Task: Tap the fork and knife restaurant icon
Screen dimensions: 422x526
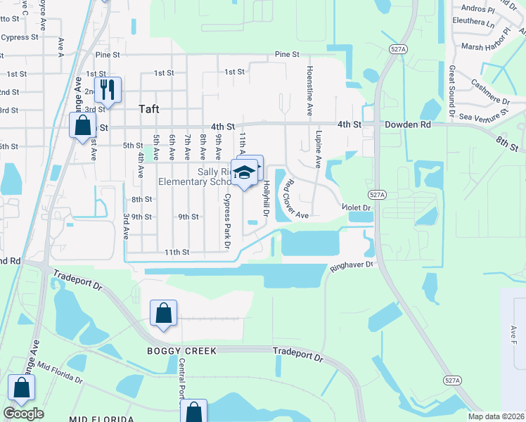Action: pyautogui.click(x=108, y=89)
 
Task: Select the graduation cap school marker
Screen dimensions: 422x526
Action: pyautogui.click(x=244, y=172)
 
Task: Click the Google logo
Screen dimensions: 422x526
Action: pyautogui.click(x=23, y=414)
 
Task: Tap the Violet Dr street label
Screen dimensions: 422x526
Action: pyautogui.click(x=356, y=207)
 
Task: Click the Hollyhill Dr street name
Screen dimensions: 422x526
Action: pyautogui.click(x=267, y=199)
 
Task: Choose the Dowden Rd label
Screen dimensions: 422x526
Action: pyautogui.click(x=407, y=124)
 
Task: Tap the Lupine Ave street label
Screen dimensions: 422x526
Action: pyautogui.click(x=319, y=149)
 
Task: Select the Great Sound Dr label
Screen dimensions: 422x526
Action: pyautogui.click(x=451, y=89)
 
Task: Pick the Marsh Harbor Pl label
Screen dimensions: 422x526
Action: pyautogui.click(x=486, y=46)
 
